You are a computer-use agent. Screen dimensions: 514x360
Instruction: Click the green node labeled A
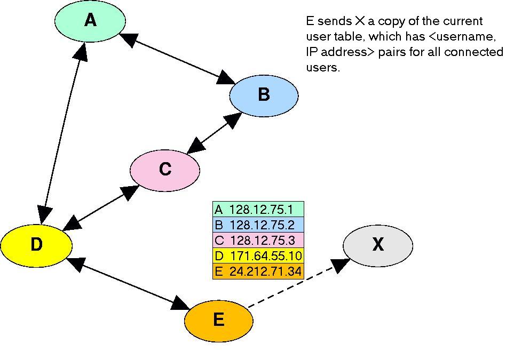[x=90, y=21]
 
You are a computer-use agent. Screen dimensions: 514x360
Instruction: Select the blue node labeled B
[x=264, y=95]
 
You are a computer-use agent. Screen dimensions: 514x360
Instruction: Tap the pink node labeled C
[x=165, y=170]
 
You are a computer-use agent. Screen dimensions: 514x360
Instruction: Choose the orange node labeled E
[x=219, y=321]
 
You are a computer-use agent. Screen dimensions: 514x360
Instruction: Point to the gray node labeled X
[x=378, y=246]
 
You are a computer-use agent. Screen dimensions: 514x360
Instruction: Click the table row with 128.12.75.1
[x=258, y=209]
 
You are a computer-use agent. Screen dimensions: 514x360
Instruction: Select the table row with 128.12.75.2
[x=258, y=225]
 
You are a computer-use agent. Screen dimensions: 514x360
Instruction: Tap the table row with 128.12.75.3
[x=258, y=240]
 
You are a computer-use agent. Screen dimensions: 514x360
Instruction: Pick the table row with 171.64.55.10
[x=258, y=255]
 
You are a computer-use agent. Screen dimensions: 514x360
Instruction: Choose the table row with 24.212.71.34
[x=258, y=271]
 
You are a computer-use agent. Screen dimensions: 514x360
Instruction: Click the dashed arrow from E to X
[x=298, y=283]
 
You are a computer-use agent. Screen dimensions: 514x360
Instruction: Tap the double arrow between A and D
[x=62, y=133]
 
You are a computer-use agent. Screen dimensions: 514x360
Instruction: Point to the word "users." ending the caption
[x=323, y=67]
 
